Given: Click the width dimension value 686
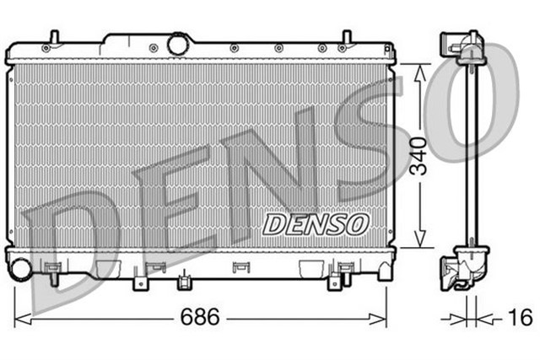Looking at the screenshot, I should click(x=200, y=318).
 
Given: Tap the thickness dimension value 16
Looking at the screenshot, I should click(x=521, y=318).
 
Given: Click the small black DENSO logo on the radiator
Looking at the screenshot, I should click(x=316, y=223).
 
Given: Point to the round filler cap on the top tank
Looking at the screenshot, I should click(x=179, y=43).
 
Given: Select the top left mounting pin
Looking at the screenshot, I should click(x=53, y=39).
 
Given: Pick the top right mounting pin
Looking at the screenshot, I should click(x=345, y=39).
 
